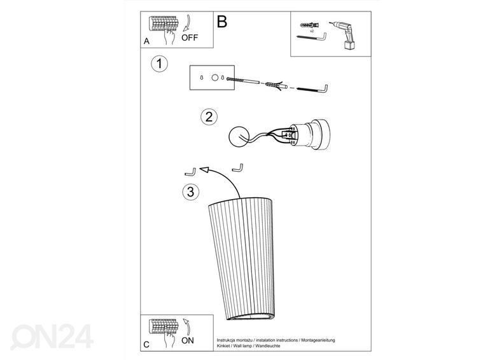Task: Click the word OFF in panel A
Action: click(190, 38)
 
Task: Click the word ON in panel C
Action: click(188, 340)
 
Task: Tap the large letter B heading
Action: click(222, 22)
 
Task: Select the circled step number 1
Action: click(160, 64)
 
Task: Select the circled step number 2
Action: click(209, 117)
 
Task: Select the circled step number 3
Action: click(191, 192)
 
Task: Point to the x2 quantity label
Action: click(312, 31)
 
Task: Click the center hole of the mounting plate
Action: click(214, 78)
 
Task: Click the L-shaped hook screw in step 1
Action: click(312, 89)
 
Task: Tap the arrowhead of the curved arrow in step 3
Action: click(204, 170)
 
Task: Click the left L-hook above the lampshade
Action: click(190, 172)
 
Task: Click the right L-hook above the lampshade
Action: click(237, 168)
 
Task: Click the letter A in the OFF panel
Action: click(146, 41)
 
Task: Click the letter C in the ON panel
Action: click(146, 345)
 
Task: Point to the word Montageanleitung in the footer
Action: click(318, 340)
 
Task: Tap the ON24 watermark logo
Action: click(52, 336)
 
